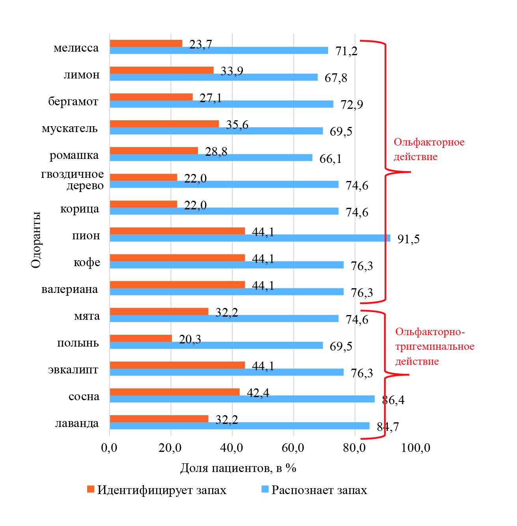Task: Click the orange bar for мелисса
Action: pyautogui.click(x=146, y=43)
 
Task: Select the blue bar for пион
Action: pyautogui.click(x=250, y=238)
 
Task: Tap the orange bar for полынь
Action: pyautogui.click(x=141, y=338)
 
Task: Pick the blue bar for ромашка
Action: pyautogui.click(x=211, y=158)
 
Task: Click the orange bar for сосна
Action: pyautogui.click(x=175, y=392)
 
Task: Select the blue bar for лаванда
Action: pyautogui.click(x=239, y=426)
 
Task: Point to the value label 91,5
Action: pyautogui.click(x=409, y=239)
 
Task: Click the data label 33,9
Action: pyautogui.click(x=232, y=71)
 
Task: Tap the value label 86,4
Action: pyautogui.click(x=393, y=400)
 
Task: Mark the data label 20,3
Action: pyautogui.click(x=190, y=339)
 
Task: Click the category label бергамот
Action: pyautogui.click(x=73, y=101)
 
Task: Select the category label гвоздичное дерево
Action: pyautogui.click(x=73, y=180)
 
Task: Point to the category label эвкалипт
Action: pyautogui.click(x=73, y=370)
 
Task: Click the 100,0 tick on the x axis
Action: pyautogui.click(x=416, y=448)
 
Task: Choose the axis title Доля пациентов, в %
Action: pyautogui.click(x=238, y=468)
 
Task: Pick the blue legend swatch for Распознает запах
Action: pyautogui.click(x=265, y=489)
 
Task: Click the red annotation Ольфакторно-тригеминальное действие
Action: pyautogui.click(x=435, y=347)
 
